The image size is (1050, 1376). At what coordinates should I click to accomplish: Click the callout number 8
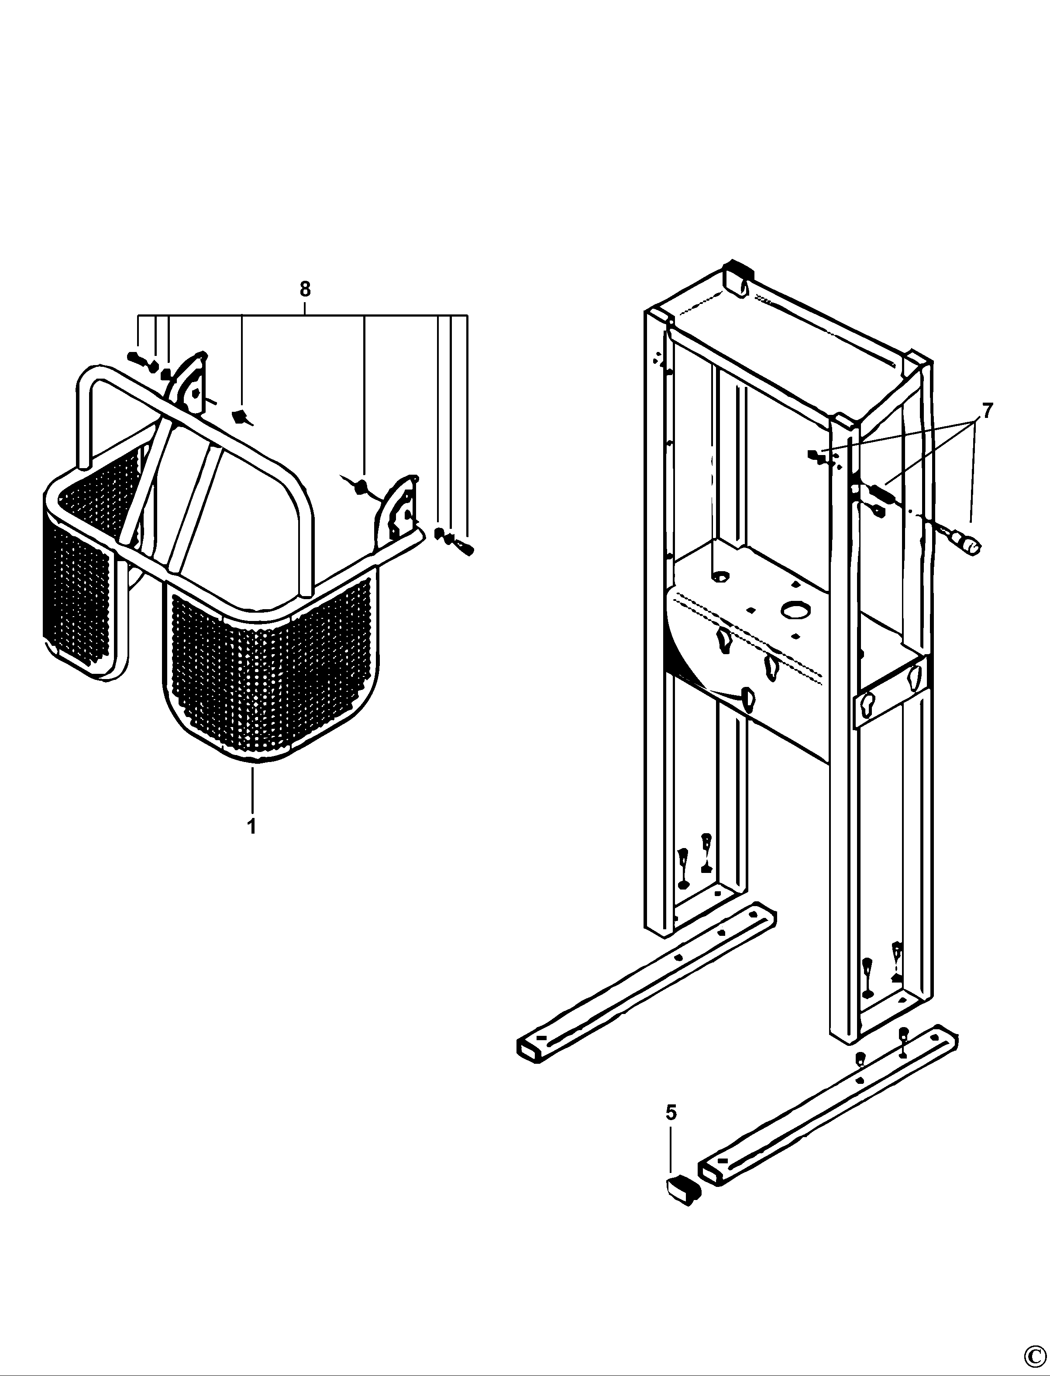304,290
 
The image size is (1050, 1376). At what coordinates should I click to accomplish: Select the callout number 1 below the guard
252,827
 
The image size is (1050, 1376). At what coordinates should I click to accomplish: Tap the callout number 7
987,411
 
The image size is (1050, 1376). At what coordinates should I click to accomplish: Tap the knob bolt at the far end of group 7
966,544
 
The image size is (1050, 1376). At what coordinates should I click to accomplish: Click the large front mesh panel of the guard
272,669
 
